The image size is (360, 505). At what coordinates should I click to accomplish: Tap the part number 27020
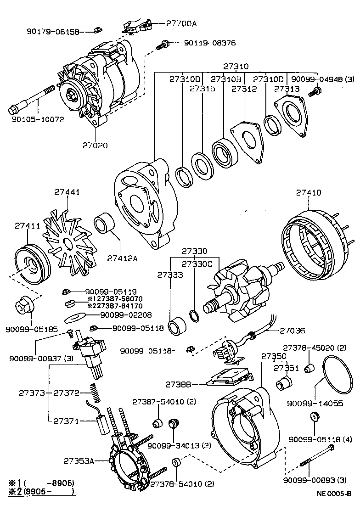point(95,146)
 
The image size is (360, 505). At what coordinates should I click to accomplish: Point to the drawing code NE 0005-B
point(333,494)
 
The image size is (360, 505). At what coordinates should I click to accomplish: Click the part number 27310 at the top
point(236,66)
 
